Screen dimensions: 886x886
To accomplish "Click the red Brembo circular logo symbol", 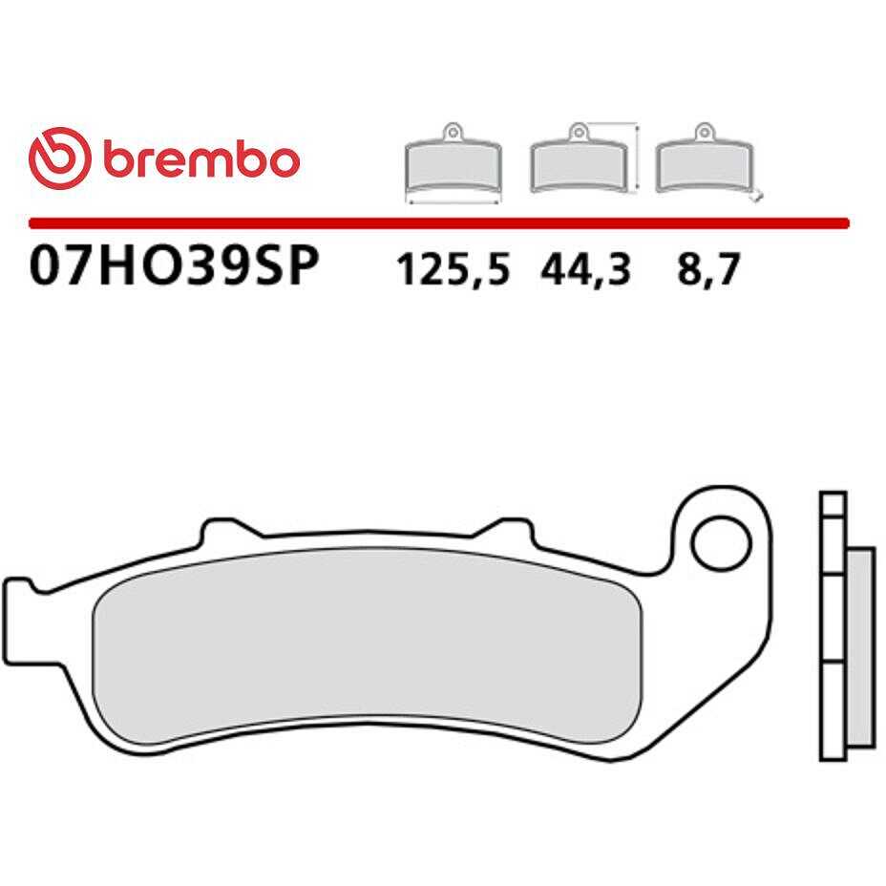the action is pyautogui.click(x=59, y=158).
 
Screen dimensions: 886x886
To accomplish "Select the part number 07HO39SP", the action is pyautogui.click(x=174, y=265).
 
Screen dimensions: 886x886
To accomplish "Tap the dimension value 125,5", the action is pyautogui.click(x=454, y=269).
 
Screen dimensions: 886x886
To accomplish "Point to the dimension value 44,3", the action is pyautogui.click(x=585, y=269).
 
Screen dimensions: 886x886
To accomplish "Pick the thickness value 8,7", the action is pyautogui.click(x=708, y=269).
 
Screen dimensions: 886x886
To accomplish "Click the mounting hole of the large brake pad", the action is pyautogui.click(x=721, y=543).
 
